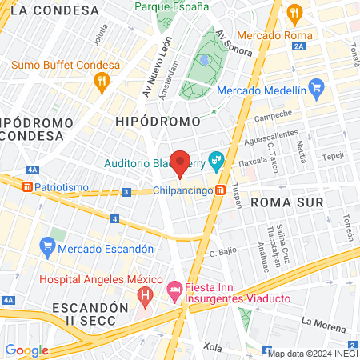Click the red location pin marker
click(181, 162)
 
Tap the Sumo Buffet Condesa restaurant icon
click(101, 80)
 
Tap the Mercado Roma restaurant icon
click(294, 12)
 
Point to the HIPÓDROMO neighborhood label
click(158, 120)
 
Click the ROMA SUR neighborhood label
click(287, 202)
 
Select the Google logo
click(26, 350)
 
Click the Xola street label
click(212, 347)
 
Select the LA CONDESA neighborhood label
click(56, 10)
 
